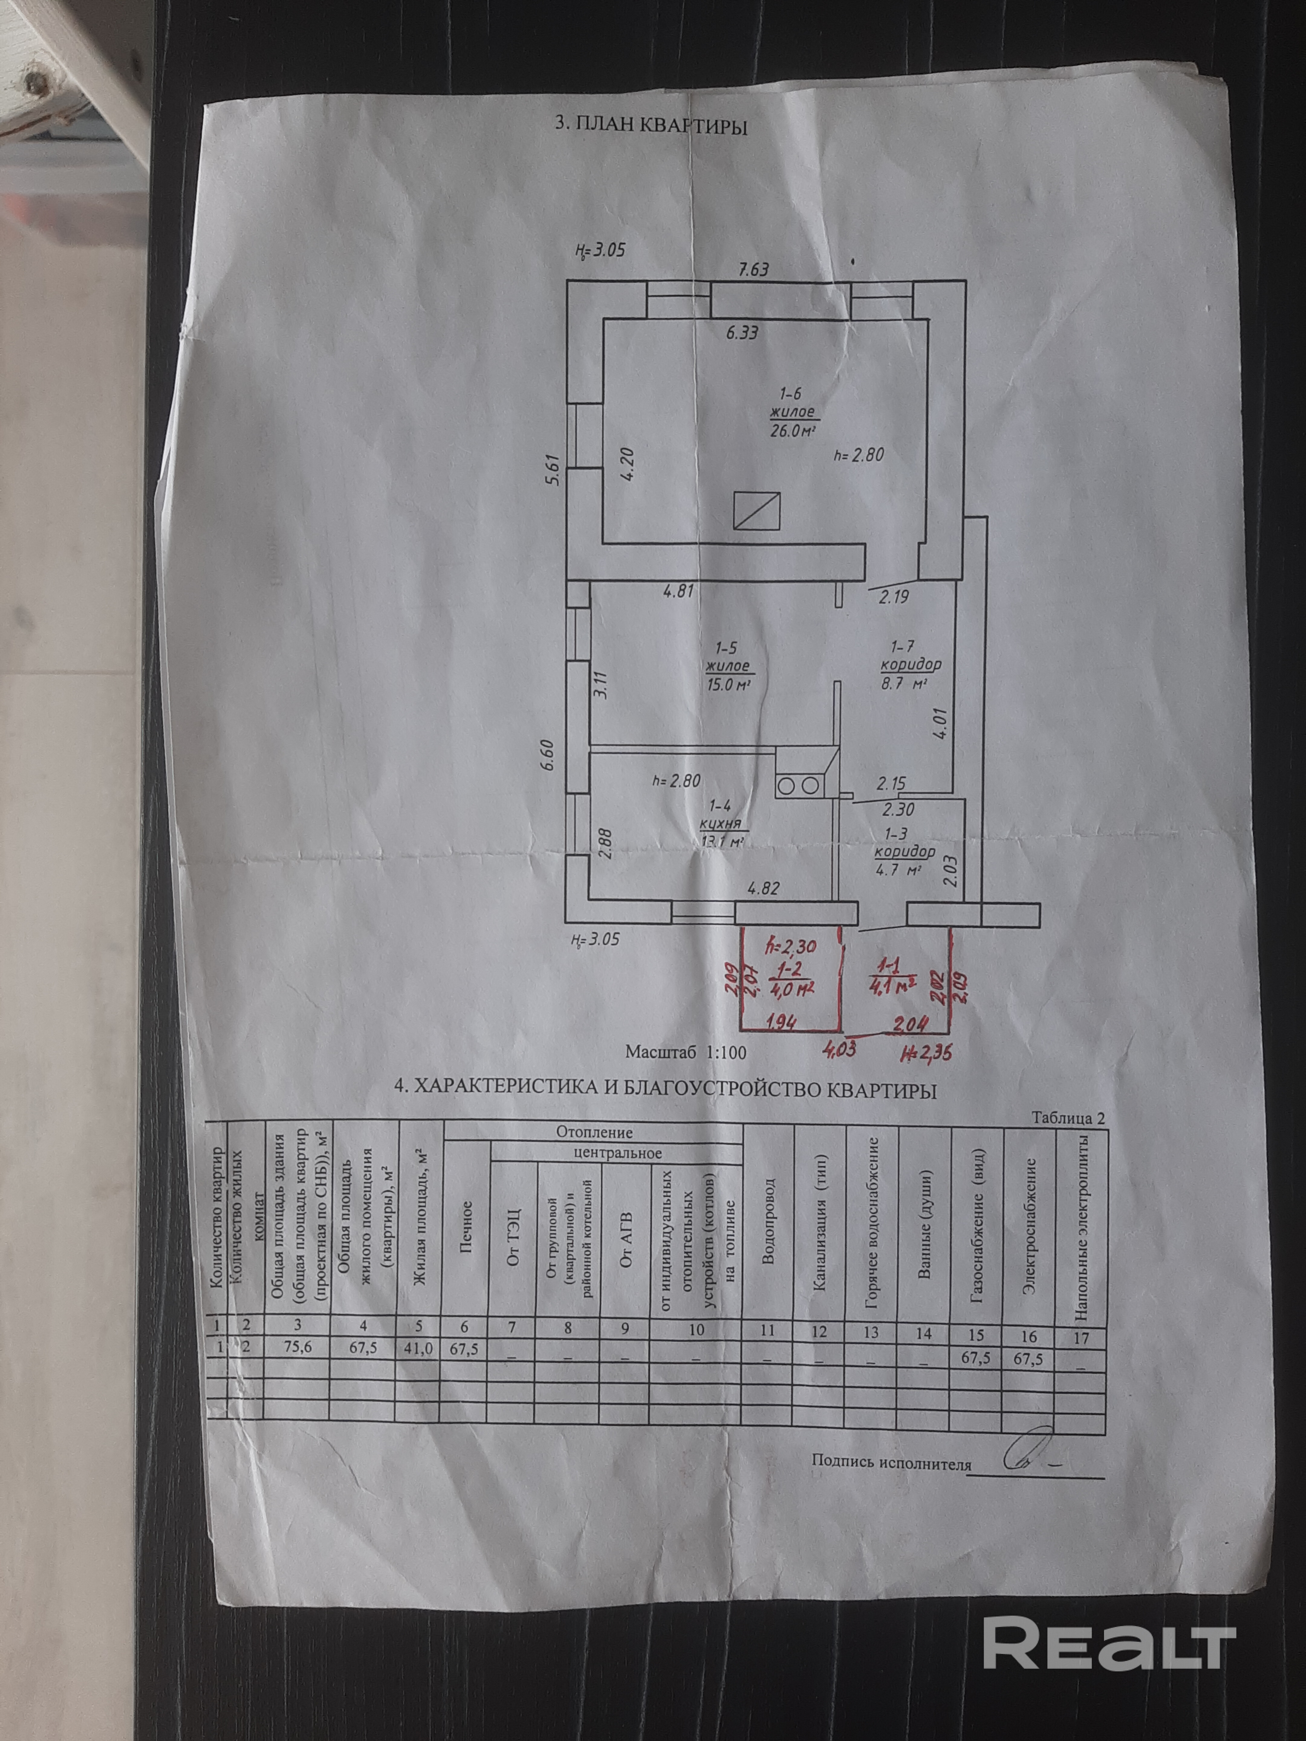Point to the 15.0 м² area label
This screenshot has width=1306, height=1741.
coord(728,684)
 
